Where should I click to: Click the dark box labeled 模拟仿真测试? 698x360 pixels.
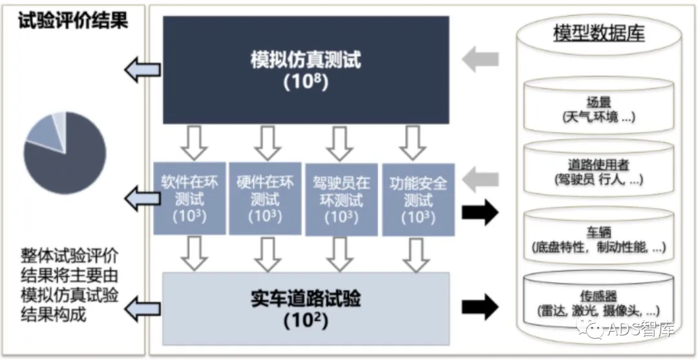coord(305,70)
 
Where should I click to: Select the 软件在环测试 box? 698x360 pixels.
coord(189,198)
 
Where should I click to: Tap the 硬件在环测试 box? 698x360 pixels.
coord(264,198)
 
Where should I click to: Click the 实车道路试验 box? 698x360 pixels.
coord(305,308)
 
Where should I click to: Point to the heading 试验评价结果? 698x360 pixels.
coord(73,21)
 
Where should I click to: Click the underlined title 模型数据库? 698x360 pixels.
coord(598,34)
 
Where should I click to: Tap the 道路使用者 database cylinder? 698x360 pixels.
coord(598,172)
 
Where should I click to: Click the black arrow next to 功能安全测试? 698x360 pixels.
coord(481,213)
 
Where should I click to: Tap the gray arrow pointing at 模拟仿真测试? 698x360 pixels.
coord(481,59)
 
